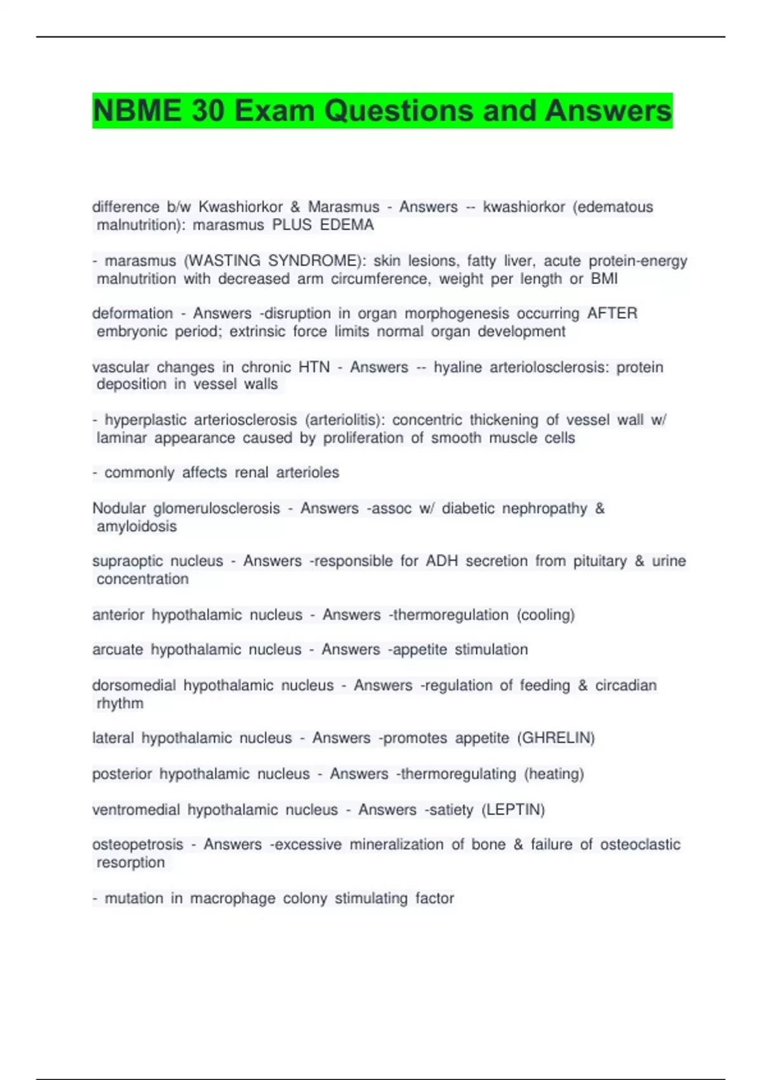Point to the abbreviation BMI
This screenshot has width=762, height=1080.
point(604,279)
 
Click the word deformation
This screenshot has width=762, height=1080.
point(132,314)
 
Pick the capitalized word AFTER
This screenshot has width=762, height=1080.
point(612,314)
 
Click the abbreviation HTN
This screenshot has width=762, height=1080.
point(314,367)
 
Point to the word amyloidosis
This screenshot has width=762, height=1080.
point(137,527)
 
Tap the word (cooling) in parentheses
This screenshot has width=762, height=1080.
point(545,615)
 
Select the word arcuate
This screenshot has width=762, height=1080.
point(117,649)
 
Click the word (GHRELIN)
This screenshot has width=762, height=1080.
point(556,738)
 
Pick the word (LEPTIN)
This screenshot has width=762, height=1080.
point(513,810)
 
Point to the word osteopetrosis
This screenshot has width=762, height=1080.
point(137,845)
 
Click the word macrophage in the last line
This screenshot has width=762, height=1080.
point(232,898)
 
